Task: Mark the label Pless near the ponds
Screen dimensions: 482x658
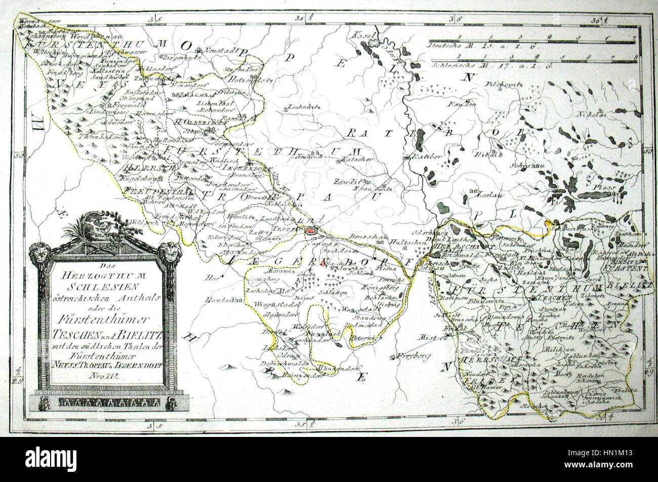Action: coord(609,187)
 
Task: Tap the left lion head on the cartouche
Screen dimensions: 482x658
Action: coord(39,253)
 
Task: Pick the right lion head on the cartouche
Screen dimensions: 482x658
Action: coord(171,252)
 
